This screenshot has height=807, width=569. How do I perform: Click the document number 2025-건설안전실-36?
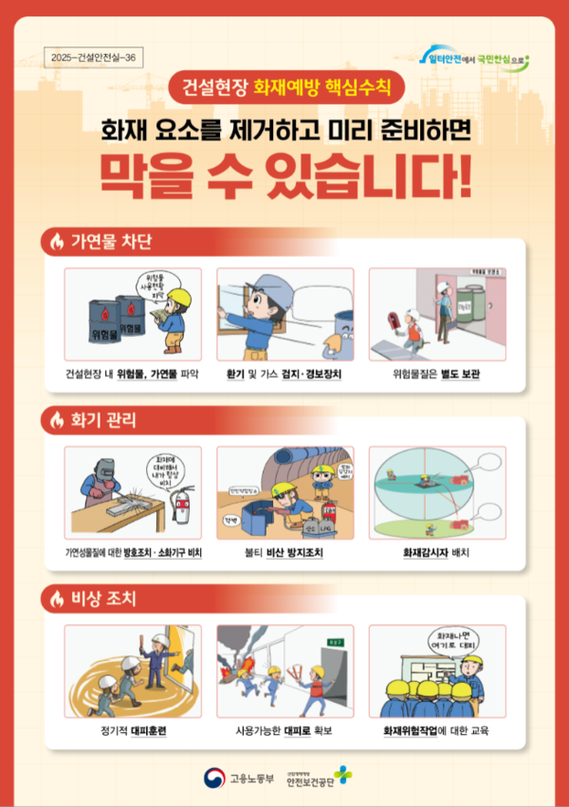click(x=97, y=58)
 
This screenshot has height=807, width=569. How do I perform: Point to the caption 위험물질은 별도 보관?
click(x=436, y=375)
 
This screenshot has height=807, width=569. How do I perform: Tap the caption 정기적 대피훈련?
click(x=133, y=732)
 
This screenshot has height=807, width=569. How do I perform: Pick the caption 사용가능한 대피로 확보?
click(x=284, y=732)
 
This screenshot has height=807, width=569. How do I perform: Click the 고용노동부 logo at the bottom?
click(x=238, y=779)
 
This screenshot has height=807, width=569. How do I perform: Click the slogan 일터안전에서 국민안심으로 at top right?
click(x=471, y=58)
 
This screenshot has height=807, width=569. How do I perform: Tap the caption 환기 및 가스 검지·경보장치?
click(x=284, y=375)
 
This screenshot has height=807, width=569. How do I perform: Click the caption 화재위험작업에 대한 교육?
click(x=436, y=732)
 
